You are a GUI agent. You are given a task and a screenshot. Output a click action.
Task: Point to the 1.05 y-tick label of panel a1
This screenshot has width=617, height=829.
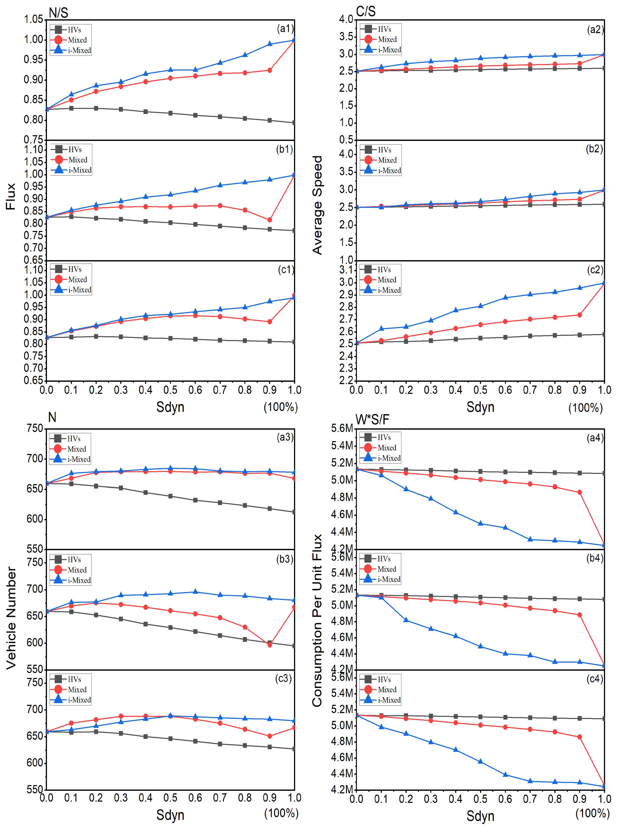(x=34, y=20)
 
